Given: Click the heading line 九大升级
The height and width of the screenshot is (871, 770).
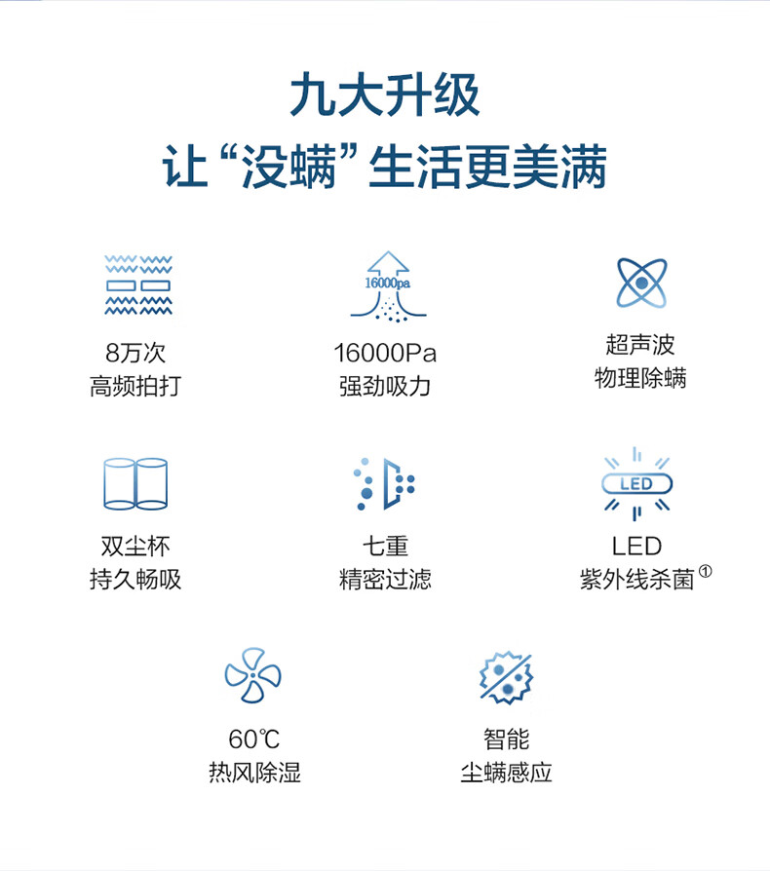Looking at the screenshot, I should pyautogui.click(x=385, y=97).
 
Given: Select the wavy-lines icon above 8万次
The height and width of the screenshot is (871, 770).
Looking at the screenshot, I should pyautogui.click(x=137, y=284).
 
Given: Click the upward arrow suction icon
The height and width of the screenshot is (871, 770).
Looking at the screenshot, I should pyautogui.click(x=387, y=284).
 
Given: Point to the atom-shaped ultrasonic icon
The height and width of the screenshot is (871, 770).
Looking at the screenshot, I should pyautogui.click(x=640, y=284).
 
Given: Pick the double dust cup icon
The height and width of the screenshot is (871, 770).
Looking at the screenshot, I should pyautogui.click(x=135, y=483).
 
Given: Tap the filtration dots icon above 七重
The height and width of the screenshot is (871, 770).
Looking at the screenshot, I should pyautogui.click(x=385, y=483).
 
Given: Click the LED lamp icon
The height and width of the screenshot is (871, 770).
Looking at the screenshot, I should pyautogui.click(x=636, y=483).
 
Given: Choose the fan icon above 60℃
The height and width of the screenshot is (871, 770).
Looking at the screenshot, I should pyautogui.click(x=252, y=675).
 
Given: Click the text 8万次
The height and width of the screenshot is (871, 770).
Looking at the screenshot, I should pyautogui.click(x=135, y=353).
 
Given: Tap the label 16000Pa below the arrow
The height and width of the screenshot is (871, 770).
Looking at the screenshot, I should pyautogui.click(x=385, y=353).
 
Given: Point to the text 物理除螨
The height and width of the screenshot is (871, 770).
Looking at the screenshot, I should pyautogui.click(x=640, y=378).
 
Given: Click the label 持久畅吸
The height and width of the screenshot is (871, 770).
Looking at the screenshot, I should pyautogui.click(x=135, y=580).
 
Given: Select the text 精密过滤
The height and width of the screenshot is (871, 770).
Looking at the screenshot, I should pyautogui.click(x=385, y=580).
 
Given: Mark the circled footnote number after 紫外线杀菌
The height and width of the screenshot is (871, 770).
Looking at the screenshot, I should pyautogui.click(x=705, y=573).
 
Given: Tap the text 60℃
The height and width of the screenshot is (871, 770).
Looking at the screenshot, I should pyautogui.click(x=253, y=739).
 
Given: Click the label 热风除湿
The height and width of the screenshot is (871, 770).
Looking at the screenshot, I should pyautogui.click(x=254, y=773).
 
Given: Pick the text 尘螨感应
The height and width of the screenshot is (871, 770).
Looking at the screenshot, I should pyautogui.click(x=506, y=773).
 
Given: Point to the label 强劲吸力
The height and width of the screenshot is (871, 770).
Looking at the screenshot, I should pyautogui.click(x=385, y=386).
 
